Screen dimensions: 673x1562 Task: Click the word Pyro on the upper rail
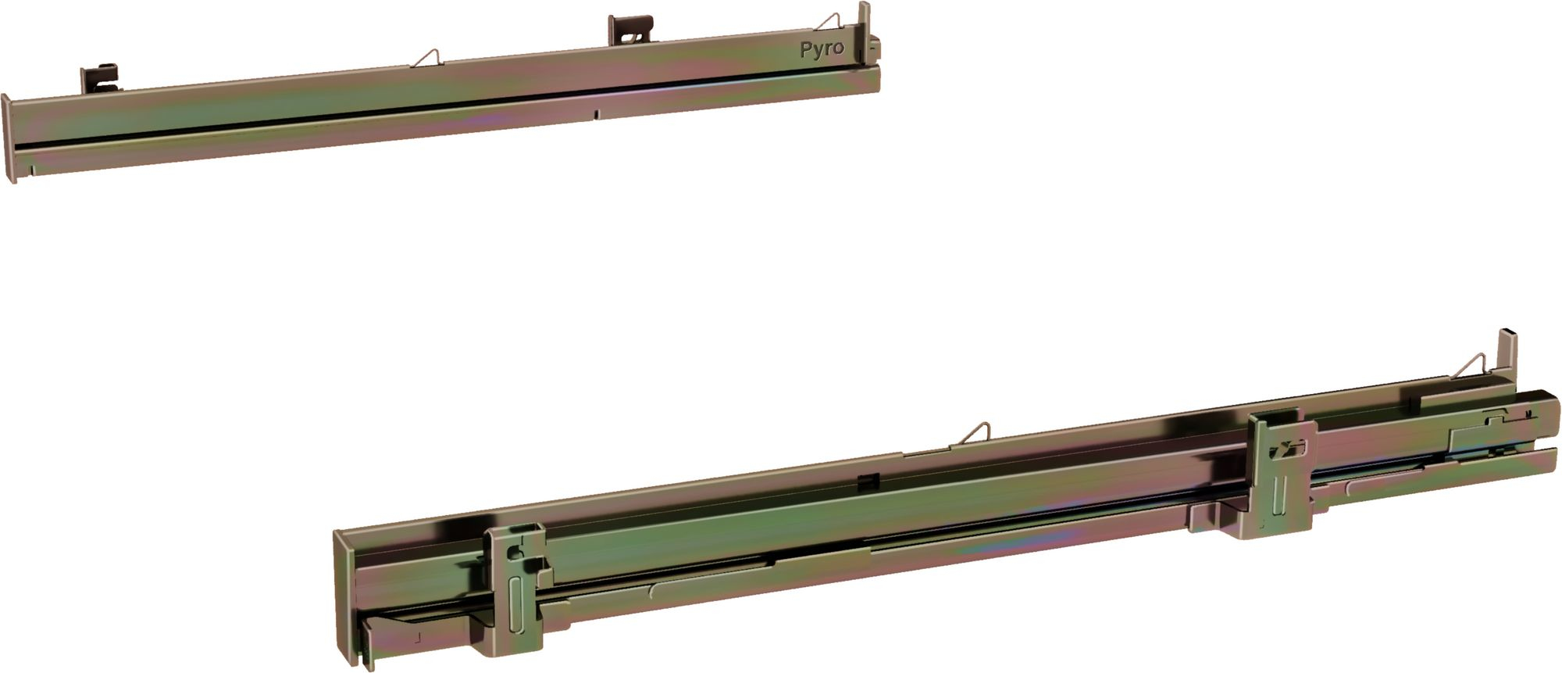point(822,48)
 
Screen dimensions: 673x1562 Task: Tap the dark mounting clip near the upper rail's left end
point(100,78)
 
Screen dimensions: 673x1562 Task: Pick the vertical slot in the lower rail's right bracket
point(1278,492)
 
